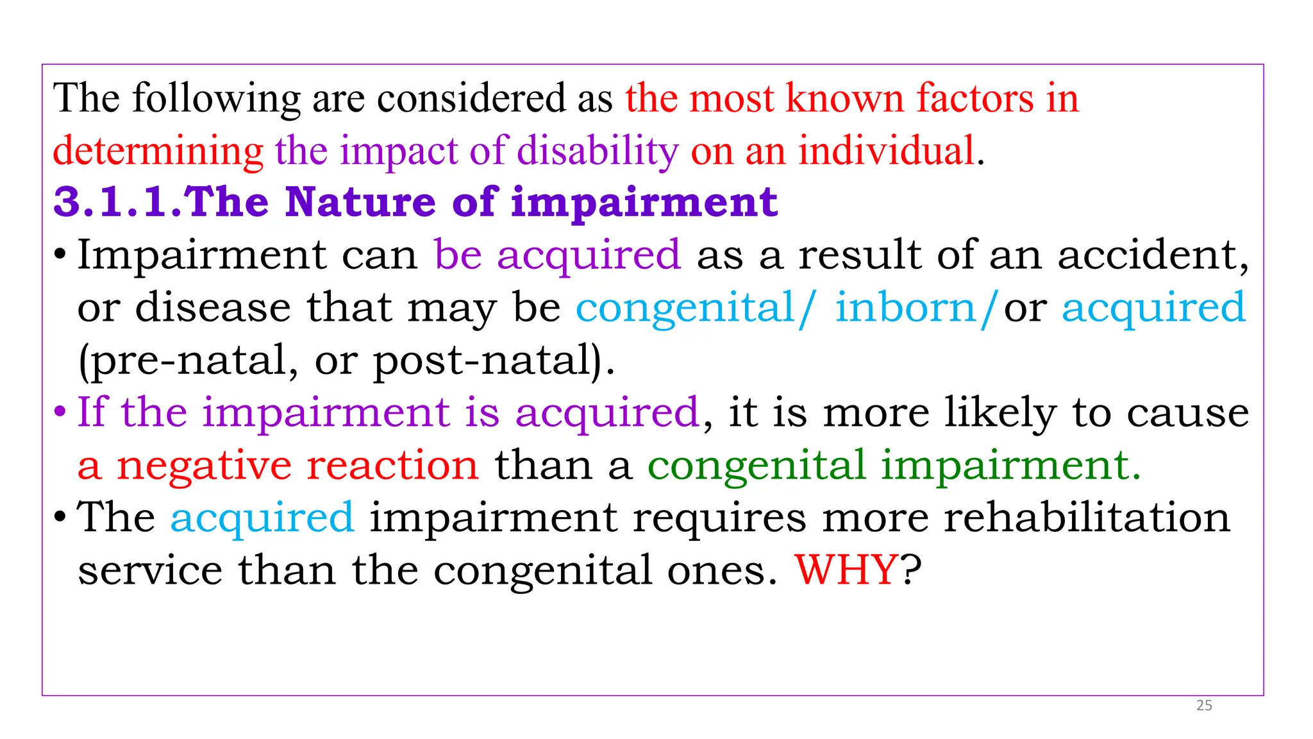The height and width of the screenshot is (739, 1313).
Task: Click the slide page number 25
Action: coord(1204,706)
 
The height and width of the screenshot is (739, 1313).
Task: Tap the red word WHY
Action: coord(846,569)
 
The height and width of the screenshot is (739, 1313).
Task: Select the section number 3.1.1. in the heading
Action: coord(119,202)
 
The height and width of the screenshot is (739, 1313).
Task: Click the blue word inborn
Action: coord(905,308)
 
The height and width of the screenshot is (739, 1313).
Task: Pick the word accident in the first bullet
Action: coord(1151,255)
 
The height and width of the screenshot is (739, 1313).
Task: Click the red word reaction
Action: coord(392,465)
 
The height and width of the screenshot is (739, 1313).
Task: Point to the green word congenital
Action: coord(757,465)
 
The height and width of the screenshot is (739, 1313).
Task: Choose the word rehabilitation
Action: coord(1087,517)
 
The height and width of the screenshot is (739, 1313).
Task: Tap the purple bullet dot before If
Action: coord(60,412)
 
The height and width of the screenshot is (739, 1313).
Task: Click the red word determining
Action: coord(158,151)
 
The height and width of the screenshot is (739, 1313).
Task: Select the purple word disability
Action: coord(598,151)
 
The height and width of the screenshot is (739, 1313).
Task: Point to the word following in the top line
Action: coord(216,99)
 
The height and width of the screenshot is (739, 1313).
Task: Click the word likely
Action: coord(1000,412)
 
